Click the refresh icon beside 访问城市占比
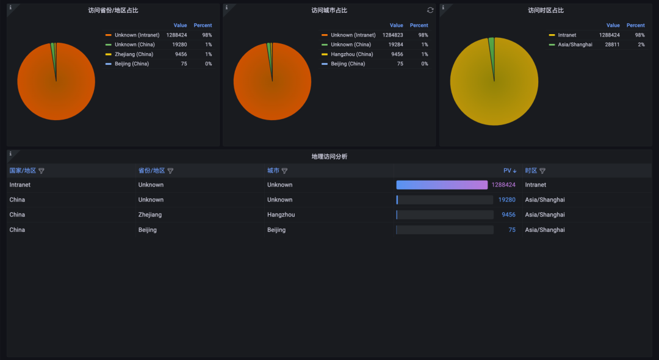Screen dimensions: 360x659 point(430,10)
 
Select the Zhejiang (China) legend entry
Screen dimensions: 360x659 point(134,54)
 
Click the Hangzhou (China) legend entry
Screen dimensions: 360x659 point(351,54)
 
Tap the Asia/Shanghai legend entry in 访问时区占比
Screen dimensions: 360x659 point(575,45)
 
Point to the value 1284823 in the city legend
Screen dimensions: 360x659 point(393,35)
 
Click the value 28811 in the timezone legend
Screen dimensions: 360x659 point(612,45)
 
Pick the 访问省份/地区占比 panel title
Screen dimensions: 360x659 point(113,10)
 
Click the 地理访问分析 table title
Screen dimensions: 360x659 point(329,156)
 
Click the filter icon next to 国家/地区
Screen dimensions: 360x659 point(41,171)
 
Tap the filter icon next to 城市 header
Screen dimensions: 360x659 point(284,171)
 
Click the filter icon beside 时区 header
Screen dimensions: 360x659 point(542,171)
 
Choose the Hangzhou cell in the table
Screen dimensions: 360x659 point(281,215)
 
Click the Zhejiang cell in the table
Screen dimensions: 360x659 point(150,215)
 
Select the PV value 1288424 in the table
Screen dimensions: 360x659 point(503,185)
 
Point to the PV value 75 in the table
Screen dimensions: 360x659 point(512,230)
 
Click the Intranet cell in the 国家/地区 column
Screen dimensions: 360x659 point(20,185)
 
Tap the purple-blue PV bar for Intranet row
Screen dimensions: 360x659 point(442,185)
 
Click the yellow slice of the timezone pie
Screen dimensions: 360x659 point(494,85)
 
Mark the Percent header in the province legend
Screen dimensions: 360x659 point(203,26)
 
